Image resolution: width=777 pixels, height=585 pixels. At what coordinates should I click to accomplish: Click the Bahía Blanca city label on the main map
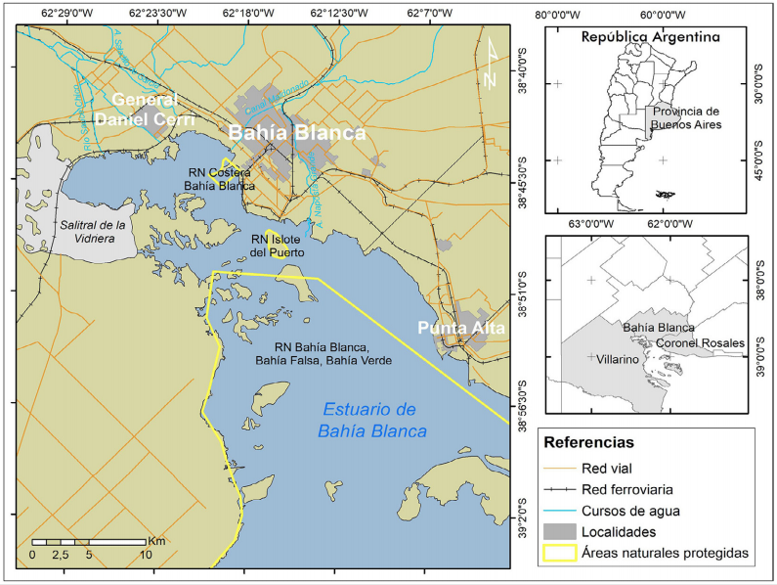297,133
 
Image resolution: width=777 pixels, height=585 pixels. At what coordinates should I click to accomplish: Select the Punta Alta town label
461,328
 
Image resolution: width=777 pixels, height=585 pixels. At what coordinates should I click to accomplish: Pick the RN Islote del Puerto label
277,246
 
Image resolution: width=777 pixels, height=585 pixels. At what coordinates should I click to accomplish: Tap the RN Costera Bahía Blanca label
221,179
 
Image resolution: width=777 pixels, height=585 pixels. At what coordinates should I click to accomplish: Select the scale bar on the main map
89,541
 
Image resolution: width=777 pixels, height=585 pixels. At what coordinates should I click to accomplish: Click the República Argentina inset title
650,37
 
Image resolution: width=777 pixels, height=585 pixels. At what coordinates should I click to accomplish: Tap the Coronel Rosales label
700,343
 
